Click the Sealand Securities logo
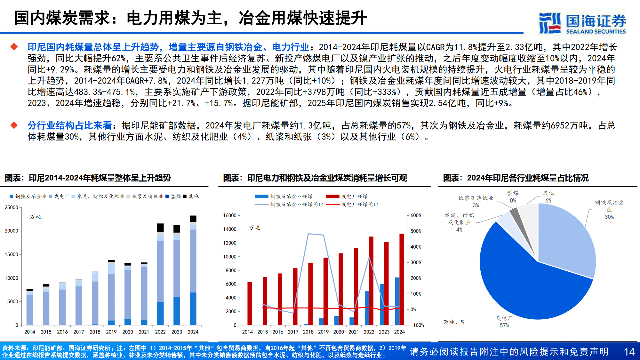coord(582,23)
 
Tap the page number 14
coord(629,352)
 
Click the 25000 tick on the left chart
coord(12,207)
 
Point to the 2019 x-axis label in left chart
coord(111,332)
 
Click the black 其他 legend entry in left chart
coord(191,196)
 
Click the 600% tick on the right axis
coord(416,216)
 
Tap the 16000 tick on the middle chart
coord(229,216)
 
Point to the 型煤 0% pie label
coord(513,197)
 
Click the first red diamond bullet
coord(14,47)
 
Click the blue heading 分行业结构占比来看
coord(69,125)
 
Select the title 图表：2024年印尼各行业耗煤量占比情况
coord(516,178)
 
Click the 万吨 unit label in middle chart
coord(254,228)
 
